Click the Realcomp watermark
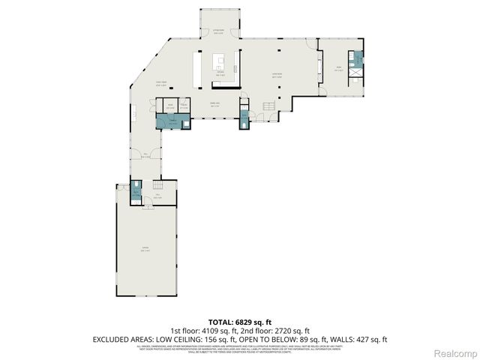tap(457, 352)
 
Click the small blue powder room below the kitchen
tap(244, 118)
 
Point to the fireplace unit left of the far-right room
tap(320, 70)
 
